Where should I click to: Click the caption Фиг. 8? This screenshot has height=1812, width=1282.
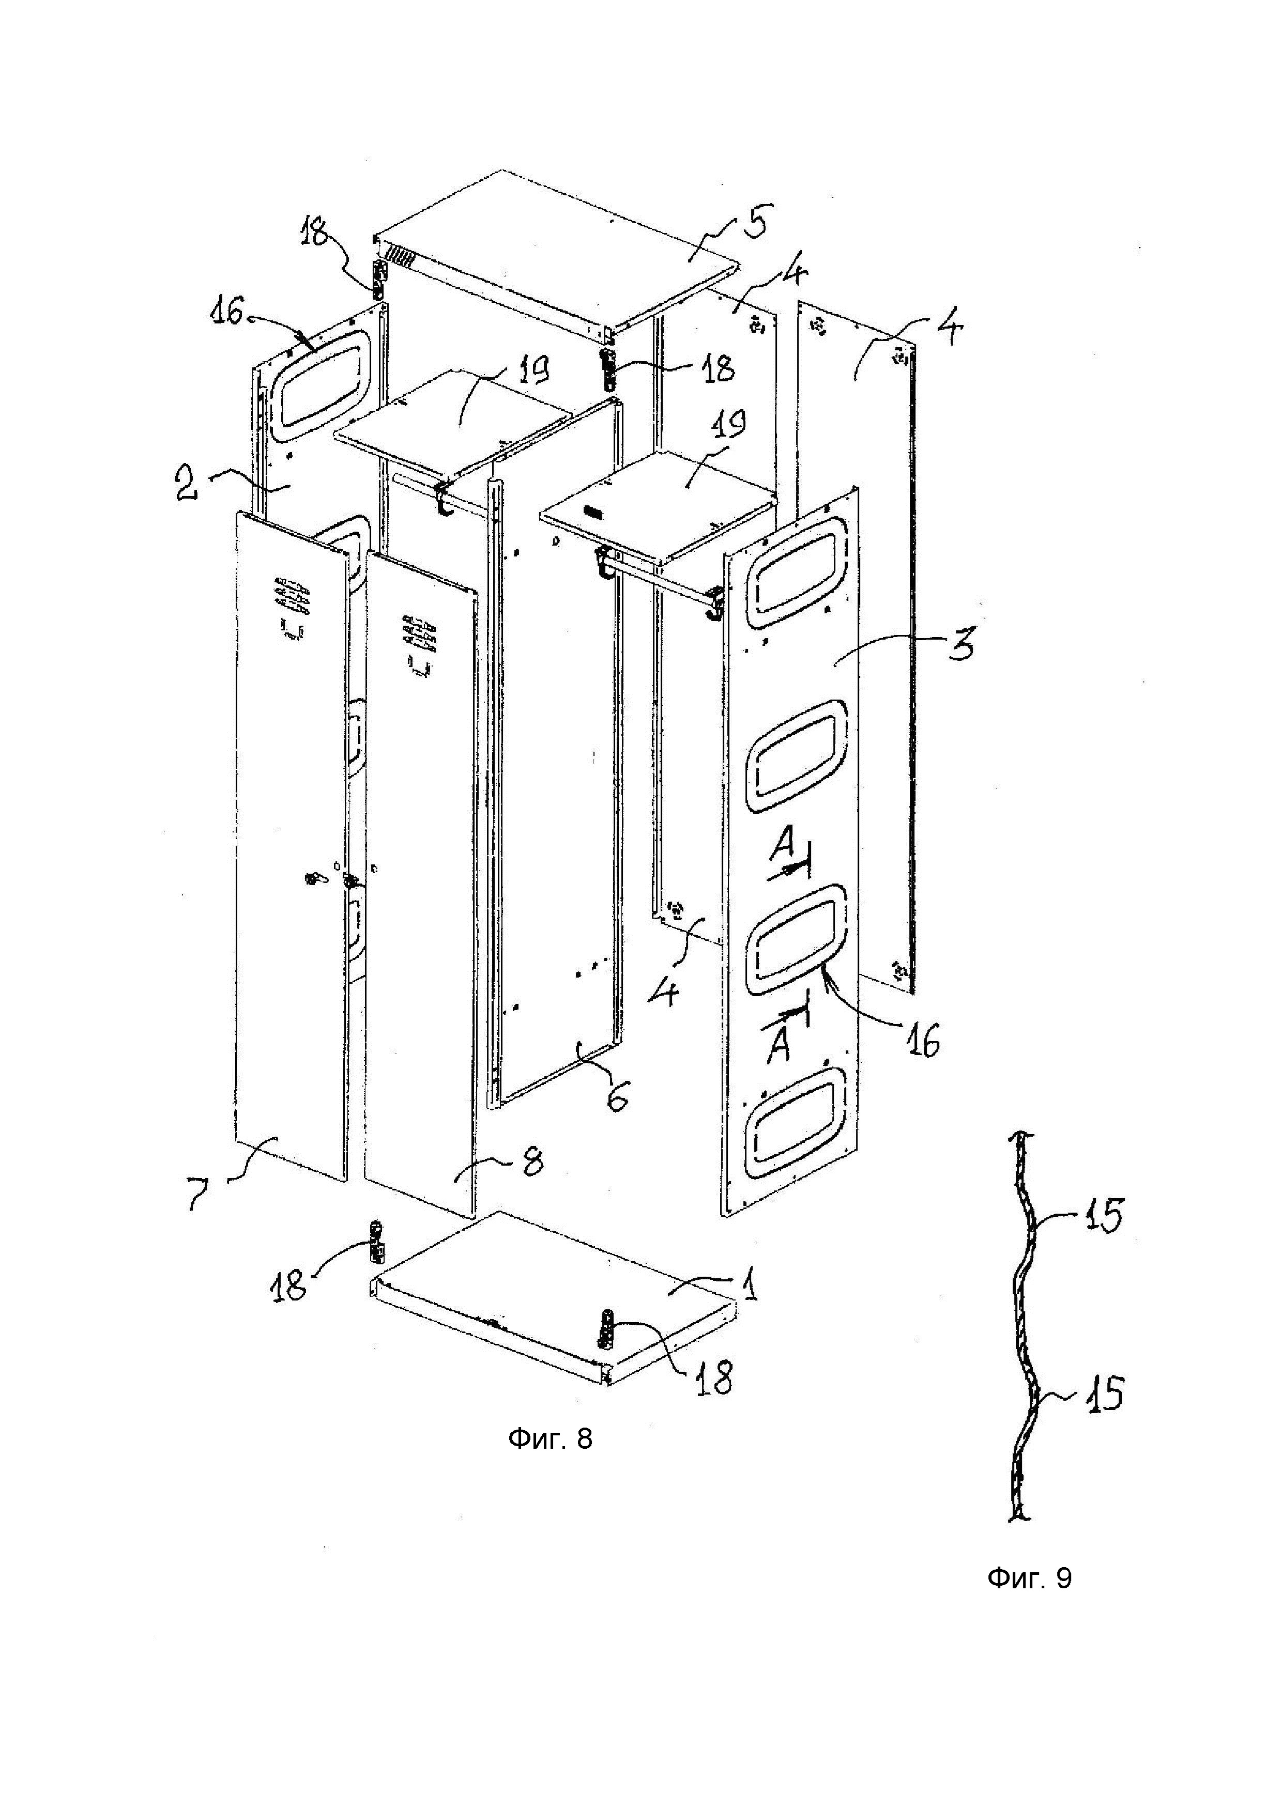pyautogui.click(x=550, y=1439)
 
